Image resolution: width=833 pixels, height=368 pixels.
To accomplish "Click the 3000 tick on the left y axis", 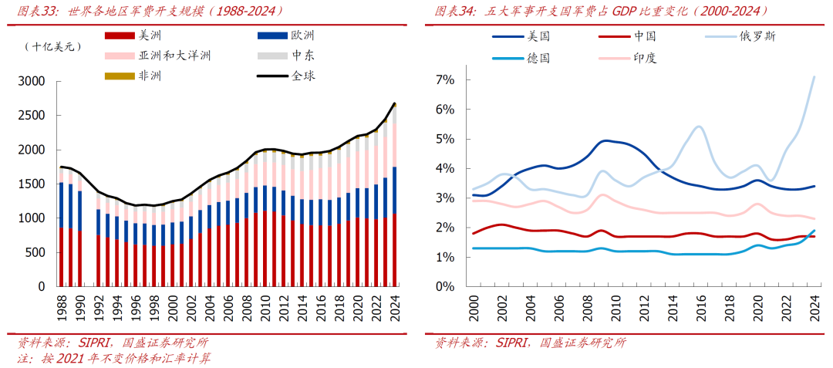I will point(32,81).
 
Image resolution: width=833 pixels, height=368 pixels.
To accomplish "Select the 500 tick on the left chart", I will point(35,252).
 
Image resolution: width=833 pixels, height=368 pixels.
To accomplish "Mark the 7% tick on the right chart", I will point(445,80).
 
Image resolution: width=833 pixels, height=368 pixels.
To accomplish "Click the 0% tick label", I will point(445,286).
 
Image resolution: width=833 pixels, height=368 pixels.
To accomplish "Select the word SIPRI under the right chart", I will point(514,343).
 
